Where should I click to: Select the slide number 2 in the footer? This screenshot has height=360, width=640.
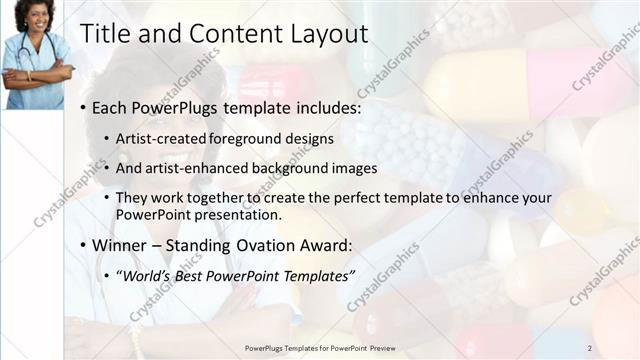coord(590,348)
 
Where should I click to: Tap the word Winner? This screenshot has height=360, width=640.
coord(122,244)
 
